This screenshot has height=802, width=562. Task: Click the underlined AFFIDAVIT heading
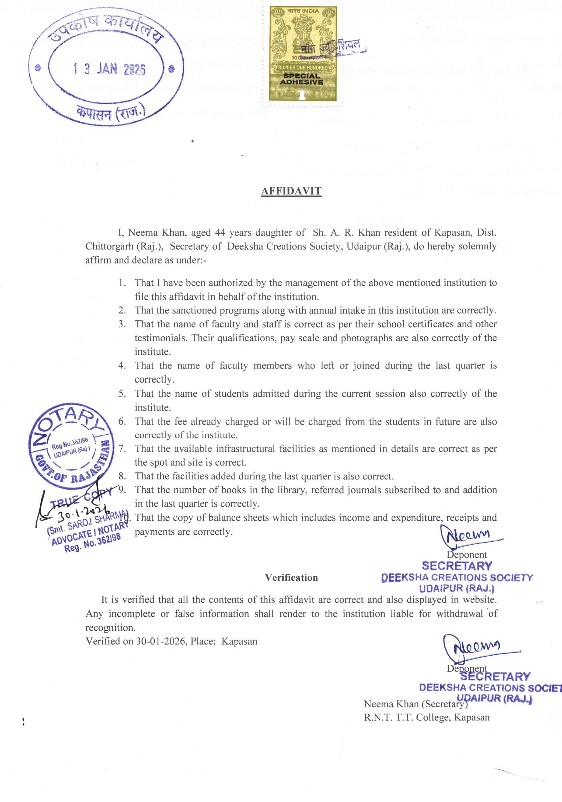291,191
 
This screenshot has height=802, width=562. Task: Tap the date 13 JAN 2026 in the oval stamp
109,69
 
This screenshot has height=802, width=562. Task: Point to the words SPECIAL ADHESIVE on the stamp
301,79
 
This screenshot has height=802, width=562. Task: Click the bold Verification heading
291,577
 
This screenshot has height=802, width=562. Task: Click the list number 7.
122,449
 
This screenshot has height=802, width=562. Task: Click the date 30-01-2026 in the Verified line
161,641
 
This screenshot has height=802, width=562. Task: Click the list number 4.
122,366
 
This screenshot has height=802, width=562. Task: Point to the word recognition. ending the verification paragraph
110,628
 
